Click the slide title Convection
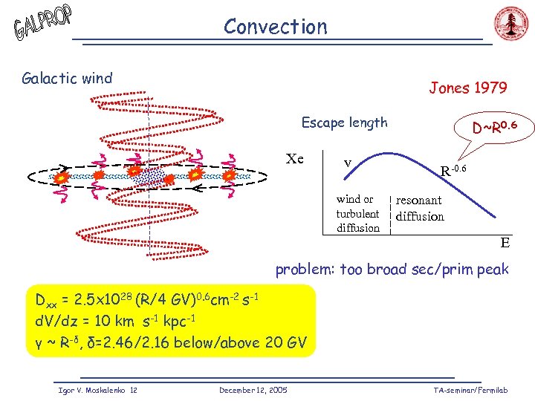tap(275, 27)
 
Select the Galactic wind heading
tap(68, 78)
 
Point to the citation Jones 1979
tap(468, 88)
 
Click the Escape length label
tap(344, 123)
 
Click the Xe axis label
tap(295, 158)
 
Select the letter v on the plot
tap(347, 163)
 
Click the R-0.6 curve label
tap(453, 171)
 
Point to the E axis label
tap(505, 242)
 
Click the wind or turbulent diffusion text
tap(357, 213)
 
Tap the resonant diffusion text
tap(420, 208)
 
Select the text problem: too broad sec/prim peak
tap(392, 269)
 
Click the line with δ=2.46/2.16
tap(170, 342)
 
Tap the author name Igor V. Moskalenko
tap(86, 390)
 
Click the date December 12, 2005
tap(253, 390)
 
